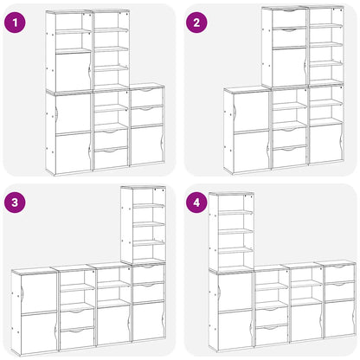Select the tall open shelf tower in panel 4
(x=229, y=229)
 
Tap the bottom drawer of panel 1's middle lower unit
(x=110, y=158)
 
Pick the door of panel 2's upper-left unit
(x=288, y=66)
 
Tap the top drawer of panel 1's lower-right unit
(x=146, y=96)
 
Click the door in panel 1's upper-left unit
(x=72, y=69)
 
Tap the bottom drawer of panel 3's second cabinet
(x=77, y=340)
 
